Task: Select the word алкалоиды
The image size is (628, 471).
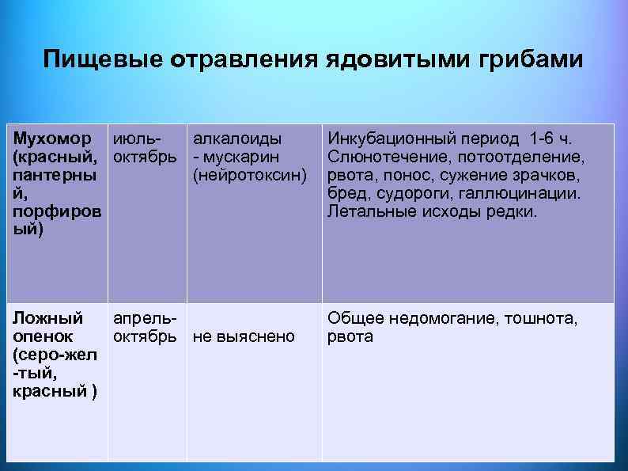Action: click(x=237, y=137)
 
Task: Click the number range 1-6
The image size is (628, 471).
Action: click(x=534, y=137)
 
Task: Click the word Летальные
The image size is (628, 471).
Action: click(x=365, y=212)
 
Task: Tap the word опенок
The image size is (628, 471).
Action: click(x=41, y=337)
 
